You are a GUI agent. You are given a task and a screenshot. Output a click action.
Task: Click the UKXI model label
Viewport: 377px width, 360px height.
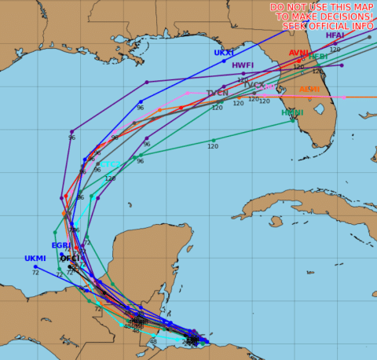coord(224,53)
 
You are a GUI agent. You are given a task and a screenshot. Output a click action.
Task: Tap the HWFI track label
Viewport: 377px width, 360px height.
coord(243,65)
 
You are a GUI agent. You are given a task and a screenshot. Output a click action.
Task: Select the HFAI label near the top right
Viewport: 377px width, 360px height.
coord(335,35)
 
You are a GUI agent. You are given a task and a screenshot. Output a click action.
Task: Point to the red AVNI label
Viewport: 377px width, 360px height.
coord(298,53)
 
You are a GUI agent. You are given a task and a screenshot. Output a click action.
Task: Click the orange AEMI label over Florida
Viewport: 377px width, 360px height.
coord(309,89)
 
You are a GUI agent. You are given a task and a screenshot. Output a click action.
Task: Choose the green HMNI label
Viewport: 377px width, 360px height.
coord(292,112)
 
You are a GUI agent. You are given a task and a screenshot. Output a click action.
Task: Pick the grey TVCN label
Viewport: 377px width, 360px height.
coord(218,93)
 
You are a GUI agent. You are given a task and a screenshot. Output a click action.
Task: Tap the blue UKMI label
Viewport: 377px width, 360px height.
coord(35,258)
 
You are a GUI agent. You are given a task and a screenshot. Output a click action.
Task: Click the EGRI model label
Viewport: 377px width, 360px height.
coord(61,245)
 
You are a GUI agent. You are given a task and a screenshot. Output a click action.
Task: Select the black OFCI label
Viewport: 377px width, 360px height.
coord(70,258)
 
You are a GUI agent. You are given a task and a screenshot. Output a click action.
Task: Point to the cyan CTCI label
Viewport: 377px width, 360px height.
coord(111,164)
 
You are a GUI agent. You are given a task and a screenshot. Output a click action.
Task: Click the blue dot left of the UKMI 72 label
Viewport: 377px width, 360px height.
coord(35,266)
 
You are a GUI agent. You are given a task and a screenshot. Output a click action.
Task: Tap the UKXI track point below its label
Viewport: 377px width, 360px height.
coord(224,61)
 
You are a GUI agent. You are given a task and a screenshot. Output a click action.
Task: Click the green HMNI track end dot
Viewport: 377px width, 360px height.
coord(293,120)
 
